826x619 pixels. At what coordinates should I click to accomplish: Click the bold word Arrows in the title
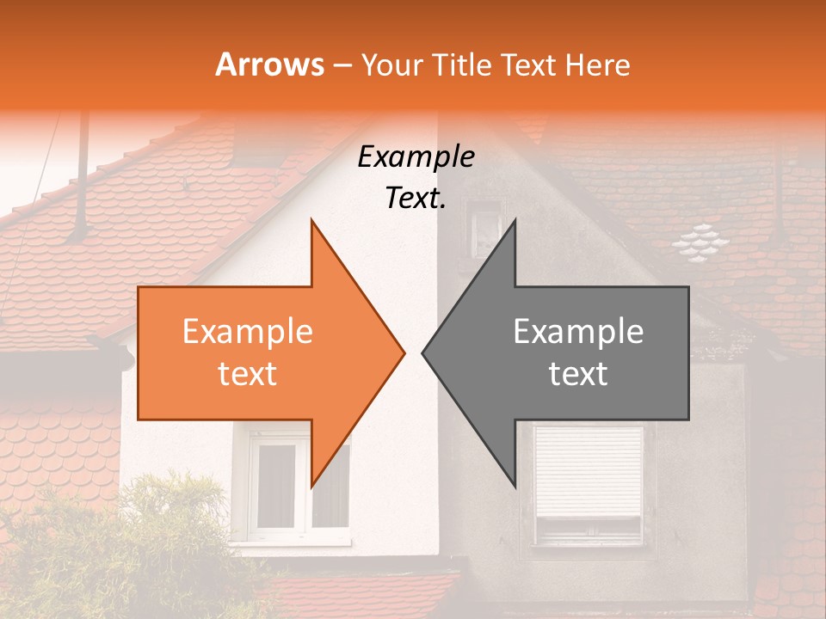coord(269,64)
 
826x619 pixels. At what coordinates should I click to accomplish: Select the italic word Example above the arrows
coord(416,157)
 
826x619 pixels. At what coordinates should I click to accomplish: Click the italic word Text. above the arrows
coord(416,199)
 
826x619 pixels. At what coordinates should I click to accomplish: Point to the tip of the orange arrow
coord(403,352)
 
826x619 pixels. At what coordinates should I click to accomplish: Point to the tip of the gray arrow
coord(424,352)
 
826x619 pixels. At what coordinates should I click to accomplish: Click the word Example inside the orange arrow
coord(248,332)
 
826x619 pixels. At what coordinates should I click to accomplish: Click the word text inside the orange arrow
coord(248,374)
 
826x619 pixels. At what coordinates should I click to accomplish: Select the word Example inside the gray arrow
coord(578,332)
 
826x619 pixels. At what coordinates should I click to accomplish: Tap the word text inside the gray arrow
coord(578,374)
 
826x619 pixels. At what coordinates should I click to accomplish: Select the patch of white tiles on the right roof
coord(701,243)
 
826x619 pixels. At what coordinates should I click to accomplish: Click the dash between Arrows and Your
coord(342,65)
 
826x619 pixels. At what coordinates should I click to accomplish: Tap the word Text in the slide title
coord(529,64)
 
